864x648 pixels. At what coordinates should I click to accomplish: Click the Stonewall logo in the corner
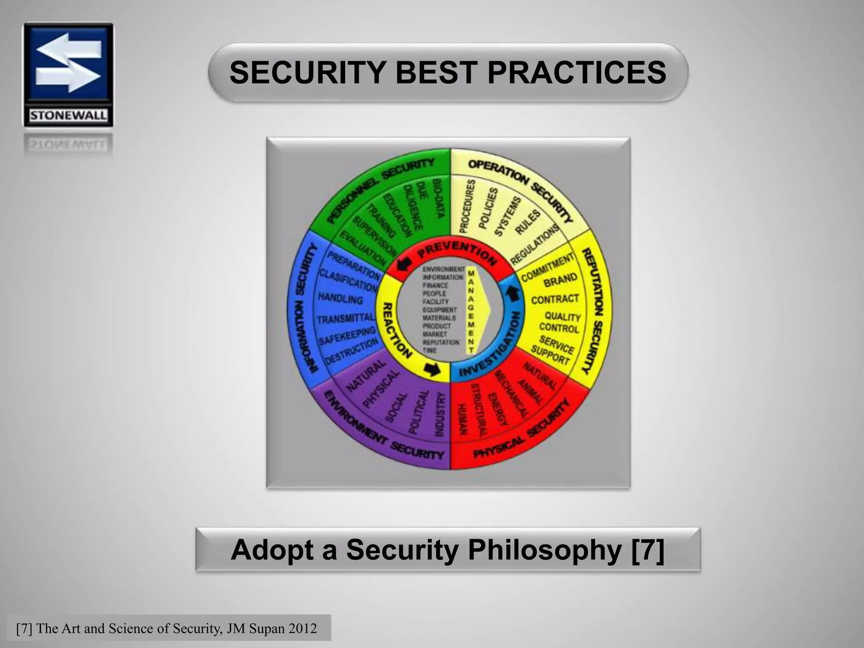[x=68, y=75]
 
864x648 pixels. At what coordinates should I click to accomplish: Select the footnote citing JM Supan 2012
[x=167, y=628]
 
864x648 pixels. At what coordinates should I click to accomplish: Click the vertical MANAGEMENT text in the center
[x=471, y=311]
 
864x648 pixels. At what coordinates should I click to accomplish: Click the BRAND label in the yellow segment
[x=560, y=280]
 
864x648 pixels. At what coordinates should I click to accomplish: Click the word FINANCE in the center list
[x=435, y=285]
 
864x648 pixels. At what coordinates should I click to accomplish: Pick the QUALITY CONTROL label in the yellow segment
[x=561, y=322]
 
